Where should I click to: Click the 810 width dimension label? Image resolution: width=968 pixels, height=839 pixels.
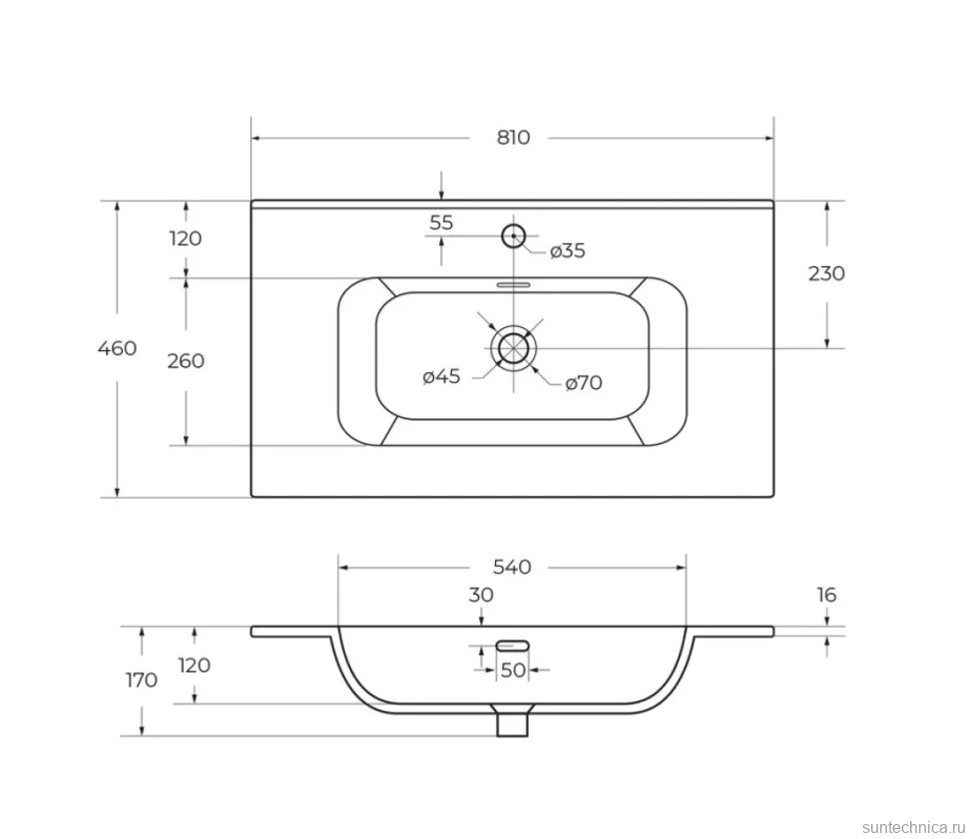pos(513,137)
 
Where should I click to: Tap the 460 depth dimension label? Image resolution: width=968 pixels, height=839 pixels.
pos(118,348)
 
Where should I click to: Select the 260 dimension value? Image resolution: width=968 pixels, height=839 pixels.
pos(186,360)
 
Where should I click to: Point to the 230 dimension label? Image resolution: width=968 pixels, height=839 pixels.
pos(826,273)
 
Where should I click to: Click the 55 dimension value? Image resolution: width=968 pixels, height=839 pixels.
pos(441,222)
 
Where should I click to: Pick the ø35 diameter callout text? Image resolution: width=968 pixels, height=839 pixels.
pos(568,250)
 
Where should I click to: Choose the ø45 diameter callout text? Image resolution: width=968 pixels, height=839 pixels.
pos(441,376)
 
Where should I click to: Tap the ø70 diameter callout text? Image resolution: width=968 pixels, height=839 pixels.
pos(584,383)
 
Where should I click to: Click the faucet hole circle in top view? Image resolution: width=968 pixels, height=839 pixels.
pos(513,224)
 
